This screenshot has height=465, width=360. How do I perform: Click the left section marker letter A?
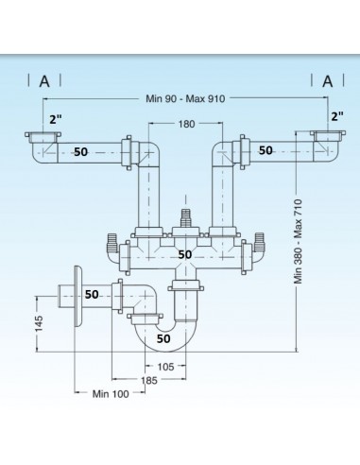point(43,80)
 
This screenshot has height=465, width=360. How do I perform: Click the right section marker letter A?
point(328,80)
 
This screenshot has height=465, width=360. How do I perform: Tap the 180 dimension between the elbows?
point(184,125)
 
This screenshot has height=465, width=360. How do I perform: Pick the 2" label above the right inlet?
point(337,116)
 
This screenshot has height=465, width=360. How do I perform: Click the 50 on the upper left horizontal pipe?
point(81,151)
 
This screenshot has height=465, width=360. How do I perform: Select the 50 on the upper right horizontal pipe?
point(266,149)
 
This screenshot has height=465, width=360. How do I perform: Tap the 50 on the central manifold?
point(185,254)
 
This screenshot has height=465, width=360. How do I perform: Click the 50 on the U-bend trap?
point(163,336)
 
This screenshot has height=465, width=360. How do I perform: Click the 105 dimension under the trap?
point(165,367)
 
